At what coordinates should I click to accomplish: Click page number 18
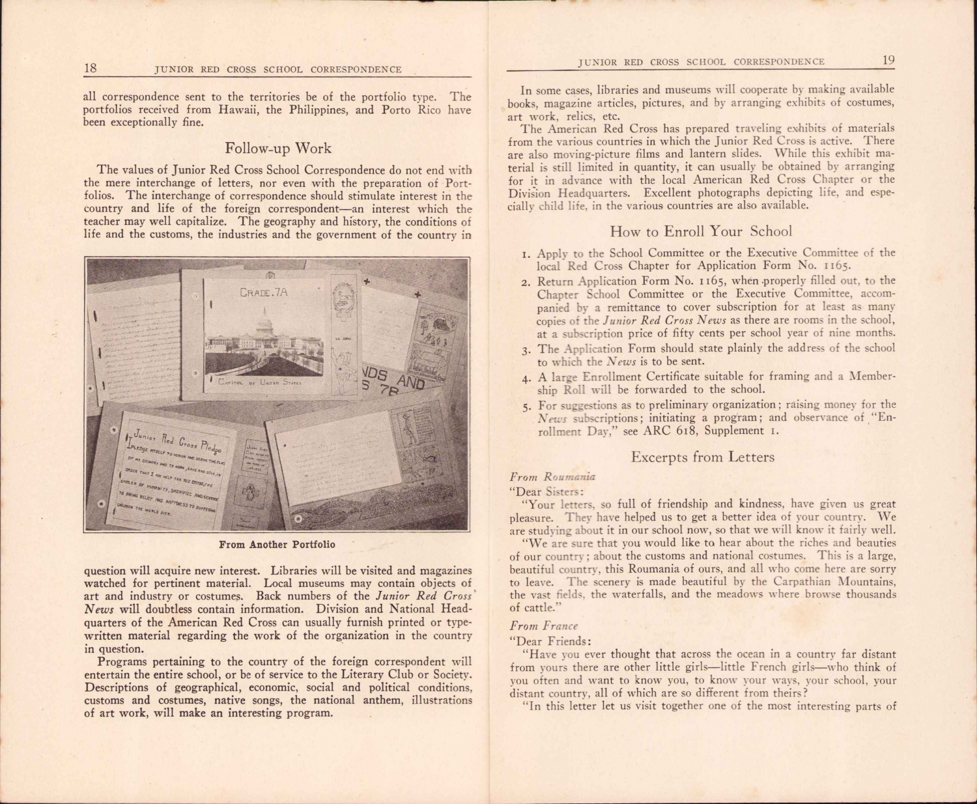point(91,68)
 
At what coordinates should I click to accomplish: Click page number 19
point(888,60)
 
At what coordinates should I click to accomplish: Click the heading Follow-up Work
point(278,148)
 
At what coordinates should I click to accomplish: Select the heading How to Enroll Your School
point(701,231)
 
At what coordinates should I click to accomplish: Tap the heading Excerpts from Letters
point(703,457)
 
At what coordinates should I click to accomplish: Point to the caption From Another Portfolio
point(277,544)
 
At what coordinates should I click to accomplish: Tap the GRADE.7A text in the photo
point(264,293)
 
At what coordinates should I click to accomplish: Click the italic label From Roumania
point(552,476)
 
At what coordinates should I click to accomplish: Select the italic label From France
point(543,625)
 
